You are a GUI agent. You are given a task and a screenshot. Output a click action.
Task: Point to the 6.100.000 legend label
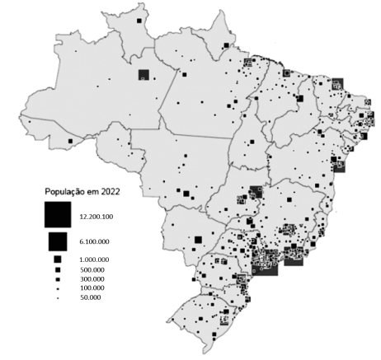click(x=97, y=241)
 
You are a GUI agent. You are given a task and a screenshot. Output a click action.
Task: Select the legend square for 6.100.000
click(x=58, y=241)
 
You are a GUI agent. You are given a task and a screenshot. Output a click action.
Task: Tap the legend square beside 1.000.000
click(x=58, y=260)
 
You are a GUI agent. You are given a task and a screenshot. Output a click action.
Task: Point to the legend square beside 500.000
click(x=58, y=269)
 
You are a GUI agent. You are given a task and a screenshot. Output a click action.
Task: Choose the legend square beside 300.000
click(x=58, y=278)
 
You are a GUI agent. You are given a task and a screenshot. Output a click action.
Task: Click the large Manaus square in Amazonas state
click(x=143, y=75)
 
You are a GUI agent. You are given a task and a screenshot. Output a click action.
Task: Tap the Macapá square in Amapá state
click(x=227, y=45)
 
